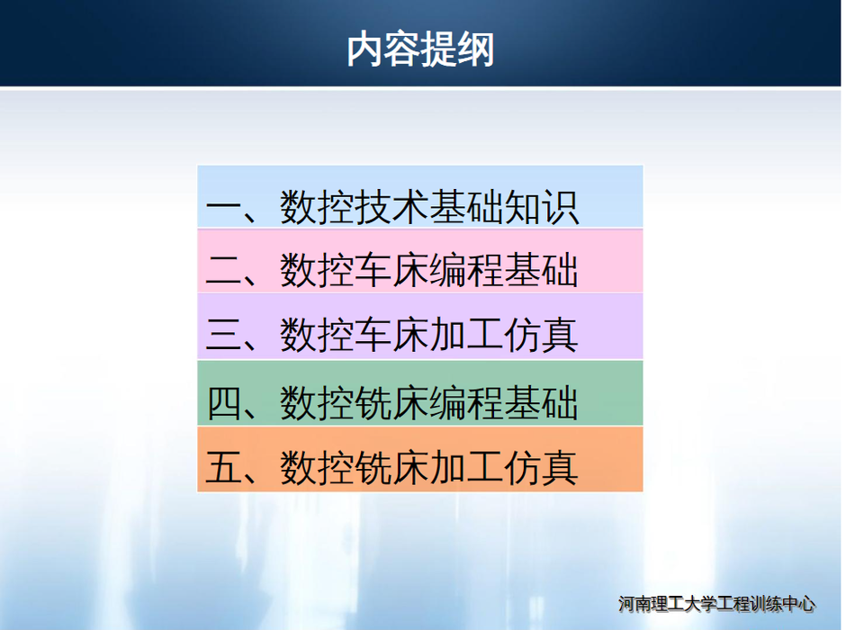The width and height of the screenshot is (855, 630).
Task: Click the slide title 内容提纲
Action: point(420,49)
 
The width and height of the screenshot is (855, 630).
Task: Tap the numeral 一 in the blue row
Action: point(224,207)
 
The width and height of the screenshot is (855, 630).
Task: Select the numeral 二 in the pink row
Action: point(224,270)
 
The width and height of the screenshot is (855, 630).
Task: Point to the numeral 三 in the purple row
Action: point(224,334)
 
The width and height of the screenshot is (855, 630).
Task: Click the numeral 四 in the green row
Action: point(224,402)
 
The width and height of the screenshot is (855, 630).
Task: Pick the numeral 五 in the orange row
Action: point(224,467)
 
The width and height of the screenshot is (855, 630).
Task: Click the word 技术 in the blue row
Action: point(391,207)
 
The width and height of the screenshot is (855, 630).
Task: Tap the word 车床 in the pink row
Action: point(391,270)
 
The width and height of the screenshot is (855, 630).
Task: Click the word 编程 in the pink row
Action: point(466,270)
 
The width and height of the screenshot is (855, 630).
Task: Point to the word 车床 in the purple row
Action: point(391,334)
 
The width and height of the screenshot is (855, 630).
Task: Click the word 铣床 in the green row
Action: point(391,402)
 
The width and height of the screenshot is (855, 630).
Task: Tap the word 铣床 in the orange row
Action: point(391,467)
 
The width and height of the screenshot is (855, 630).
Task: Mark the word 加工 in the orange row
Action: point(466,467)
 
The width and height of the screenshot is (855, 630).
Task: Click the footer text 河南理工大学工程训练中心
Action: point(716,604)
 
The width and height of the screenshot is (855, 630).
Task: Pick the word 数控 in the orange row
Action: point(317,467)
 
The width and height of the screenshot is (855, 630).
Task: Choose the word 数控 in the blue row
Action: point(317,207)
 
